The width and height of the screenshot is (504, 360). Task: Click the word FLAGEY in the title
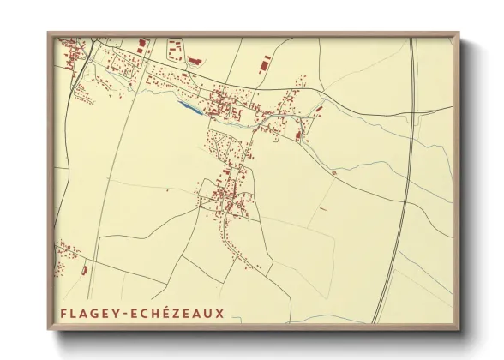click(89, 313)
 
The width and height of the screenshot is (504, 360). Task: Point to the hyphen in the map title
click(125, 314)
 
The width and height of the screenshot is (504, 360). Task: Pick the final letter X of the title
click(220, 313)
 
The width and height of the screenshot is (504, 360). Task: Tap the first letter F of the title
click(63, 313)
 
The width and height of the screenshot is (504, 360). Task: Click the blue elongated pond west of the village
click(190, 109)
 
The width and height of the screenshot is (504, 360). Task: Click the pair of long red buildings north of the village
click(265, 62)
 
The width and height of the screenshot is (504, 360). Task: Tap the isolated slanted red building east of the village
click(319, 110)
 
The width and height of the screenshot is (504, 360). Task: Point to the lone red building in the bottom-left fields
click(84, 271)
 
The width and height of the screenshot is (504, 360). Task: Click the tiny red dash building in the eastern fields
click(322, 208)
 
